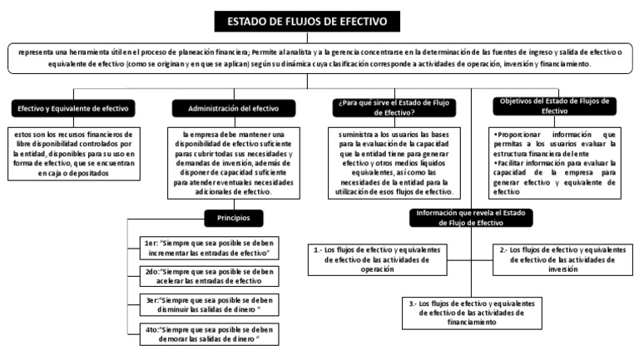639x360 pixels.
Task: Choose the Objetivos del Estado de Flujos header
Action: point(554,106)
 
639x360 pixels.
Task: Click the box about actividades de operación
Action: point(377,259)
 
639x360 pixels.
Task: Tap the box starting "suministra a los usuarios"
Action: point(390,162)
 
